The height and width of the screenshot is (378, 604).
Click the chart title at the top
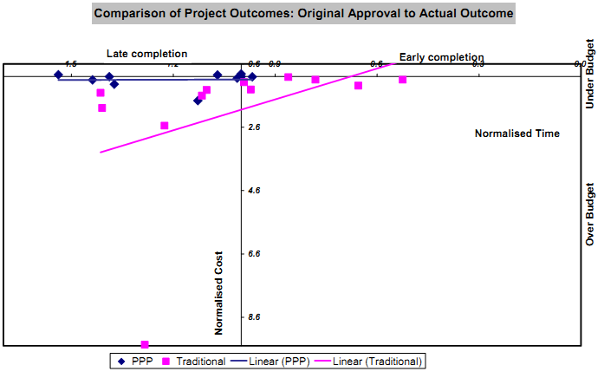(x=303, y=14)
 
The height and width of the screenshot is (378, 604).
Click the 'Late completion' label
(x=146, y=54)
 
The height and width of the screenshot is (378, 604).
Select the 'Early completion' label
(x=440, y=57)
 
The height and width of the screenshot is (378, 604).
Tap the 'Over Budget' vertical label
(x=590, y=212)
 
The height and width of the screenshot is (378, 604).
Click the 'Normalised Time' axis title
(x=516, y=134)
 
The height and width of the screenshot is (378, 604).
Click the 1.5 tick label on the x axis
(x=70, y=64)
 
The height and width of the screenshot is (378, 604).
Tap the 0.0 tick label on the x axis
(x=580, y=64)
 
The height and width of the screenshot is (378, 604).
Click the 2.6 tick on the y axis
(x=254, y=127)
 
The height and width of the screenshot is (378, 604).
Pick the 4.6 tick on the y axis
(x=254, y=191)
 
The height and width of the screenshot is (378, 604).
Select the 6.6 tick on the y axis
(x=254, y=254)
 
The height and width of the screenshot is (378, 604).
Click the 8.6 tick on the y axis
(x=254, y=317)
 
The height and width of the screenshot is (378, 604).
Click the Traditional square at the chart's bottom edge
(x=145, y=345)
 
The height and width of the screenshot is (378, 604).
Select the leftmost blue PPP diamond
(x=58, y=75)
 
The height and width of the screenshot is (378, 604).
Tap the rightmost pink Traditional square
(x=403, y=80)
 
